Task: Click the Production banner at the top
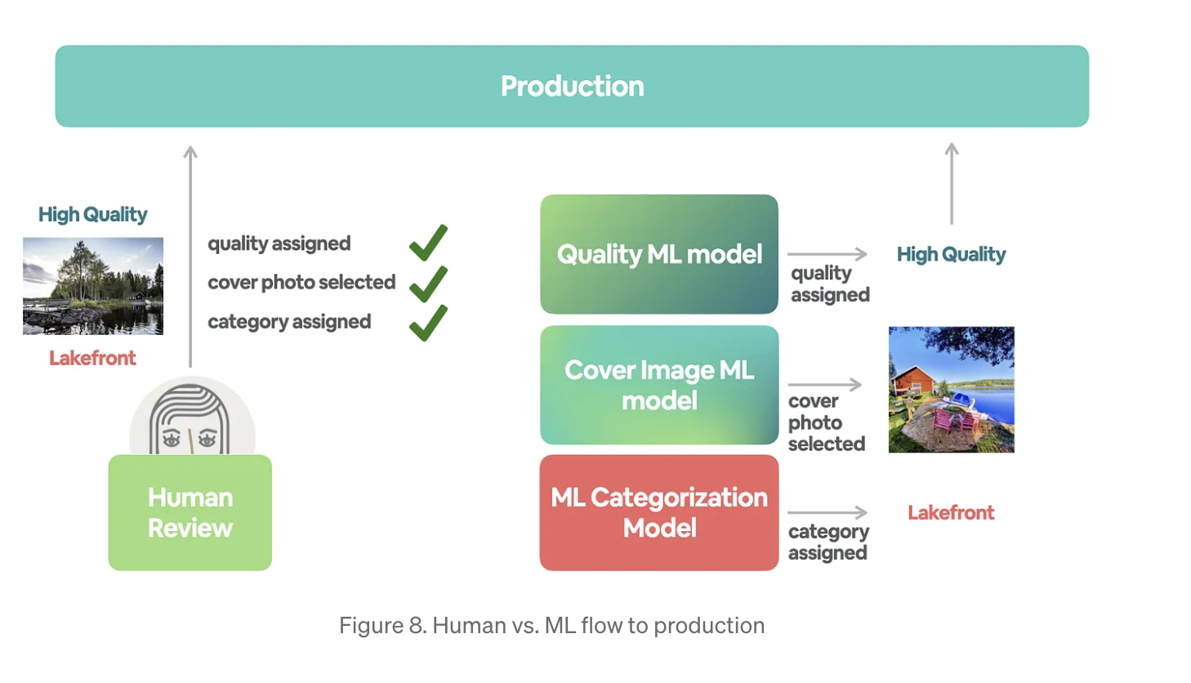point(572,86)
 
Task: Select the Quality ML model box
point(658,254)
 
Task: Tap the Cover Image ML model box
point(658,385)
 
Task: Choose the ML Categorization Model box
point(658,512)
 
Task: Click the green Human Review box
point(190,512)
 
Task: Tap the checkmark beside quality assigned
point(428,243)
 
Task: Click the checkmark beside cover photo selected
point(428,283)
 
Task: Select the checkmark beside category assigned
point(428,322)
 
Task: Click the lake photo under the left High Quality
point(93,286)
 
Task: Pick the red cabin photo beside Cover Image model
point(951,390)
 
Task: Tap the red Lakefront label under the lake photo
point(92,358)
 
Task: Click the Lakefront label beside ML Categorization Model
point(951,512)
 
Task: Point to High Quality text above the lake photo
point(92,214)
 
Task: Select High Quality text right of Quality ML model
point(951,254)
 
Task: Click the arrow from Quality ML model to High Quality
point(827,254)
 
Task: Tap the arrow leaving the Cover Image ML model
point(824,384)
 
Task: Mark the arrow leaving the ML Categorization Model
point(827,512)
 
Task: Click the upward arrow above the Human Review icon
point(190,253)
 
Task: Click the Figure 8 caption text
point(551,625)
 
